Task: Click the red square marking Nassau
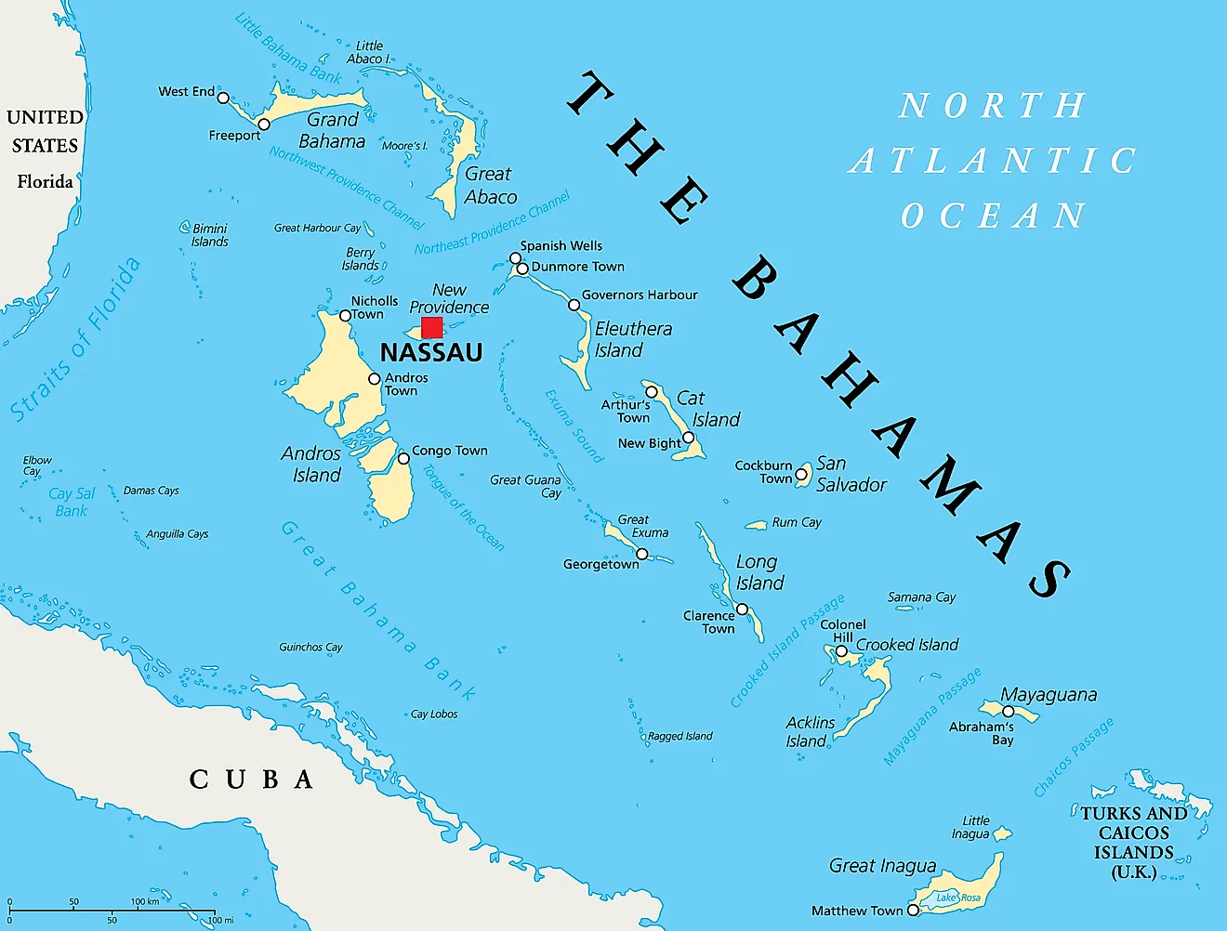[x=431, y=327]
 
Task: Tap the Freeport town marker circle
[x=264, y=125]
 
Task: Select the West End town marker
[x=223, y=94]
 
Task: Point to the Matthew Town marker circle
[x=913, y=911]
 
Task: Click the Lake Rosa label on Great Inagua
[x=957, y=898]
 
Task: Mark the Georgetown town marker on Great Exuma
[x=641, y=554]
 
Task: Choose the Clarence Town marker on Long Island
[x=742, y=610]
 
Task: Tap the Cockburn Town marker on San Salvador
[x=801, y=474]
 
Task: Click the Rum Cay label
[x=797, y=522]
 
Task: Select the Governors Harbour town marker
[x=574, y=305]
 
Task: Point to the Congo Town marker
[x=403, y=458]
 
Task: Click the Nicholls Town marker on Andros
[x=345, y=316]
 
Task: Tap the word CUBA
[x=251, y=779]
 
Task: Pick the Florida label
[x=45, y=181]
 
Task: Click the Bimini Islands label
[x=209, y=235]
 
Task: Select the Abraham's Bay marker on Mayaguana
[x=1008, y=712]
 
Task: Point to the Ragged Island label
[x=679, y=736]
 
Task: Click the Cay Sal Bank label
[x=72, y=502]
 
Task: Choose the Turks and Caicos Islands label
[x=1133, y=842]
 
